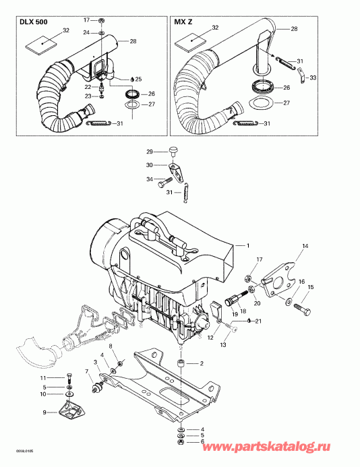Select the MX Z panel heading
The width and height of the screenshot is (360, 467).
coord(184,22)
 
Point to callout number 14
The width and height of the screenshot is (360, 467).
coord(305,246)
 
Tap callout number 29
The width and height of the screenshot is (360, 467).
coord(150,153)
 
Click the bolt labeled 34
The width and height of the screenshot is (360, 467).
coord(164,183)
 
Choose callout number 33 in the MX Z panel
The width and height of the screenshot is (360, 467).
coord(311,78)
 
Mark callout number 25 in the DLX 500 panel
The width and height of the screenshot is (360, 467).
coord(138,80)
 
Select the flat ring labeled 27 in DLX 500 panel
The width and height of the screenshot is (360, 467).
coord(132,106)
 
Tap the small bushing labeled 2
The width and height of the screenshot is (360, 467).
coord(181,365)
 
